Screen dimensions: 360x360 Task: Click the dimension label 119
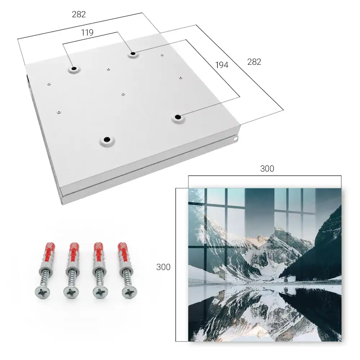coord(87,33)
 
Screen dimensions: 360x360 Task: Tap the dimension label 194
coord(222,65)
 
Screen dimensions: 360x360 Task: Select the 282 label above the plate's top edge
coord(79,14)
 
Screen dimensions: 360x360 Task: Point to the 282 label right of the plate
coord(254,62)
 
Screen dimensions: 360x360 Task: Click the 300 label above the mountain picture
coord(267,169)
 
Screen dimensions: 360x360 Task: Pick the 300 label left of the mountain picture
coord(163,267)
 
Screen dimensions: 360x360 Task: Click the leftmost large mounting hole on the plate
coord(74,69)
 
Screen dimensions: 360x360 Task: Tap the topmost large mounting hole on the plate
coord(133,54)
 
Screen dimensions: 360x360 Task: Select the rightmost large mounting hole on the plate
coord(177,117)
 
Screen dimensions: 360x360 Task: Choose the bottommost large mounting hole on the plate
coord(107,139)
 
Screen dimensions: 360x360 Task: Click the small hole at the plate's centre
coord(123,94)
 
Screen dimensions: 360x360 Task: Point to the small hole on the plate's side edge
coord(235,139)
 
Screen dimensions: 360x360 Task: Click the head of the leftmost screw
coord(43,292)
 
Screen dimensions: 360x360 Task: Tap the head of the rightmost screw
coord(129,292)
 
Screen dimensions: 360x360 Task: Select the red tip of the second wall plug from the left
coord(74,249)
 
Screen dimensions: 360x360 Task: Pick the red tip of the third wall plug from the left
coord(99,249)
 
